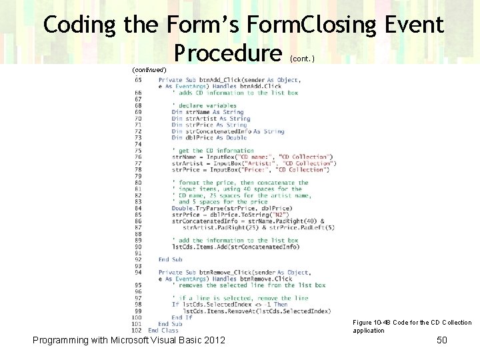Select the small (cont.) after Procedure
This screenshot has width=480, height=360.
[x=303, y=58]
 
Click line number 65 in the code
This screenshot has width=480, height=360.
[x=137, y=80]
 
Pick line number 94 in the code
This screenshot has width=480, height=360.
[x=137, y=272]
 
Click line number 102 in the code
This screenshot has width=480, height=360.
[x=137, y=330]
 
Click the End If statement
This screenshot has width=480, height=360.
[x=182, y=317]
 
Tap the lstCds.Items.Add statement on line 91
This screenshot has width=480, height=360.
[x=235, y=247]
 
